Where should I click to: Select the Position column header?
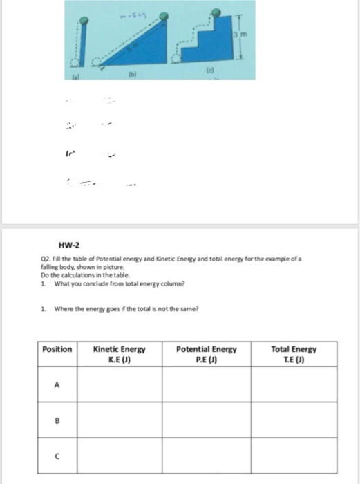[57, 349]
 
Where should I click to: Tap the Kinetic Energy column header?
[119, 354]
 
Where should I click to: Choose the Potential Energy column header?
[207, 354]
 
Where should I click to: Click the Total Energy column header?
[294, 354]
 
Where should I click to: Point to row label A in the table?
[57, 388]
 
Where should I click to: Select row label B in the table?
[57, 419]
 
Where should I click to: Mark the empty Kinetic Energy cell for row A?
[119, 388]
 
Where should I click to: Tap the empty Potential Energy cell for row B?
[207, 419]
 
